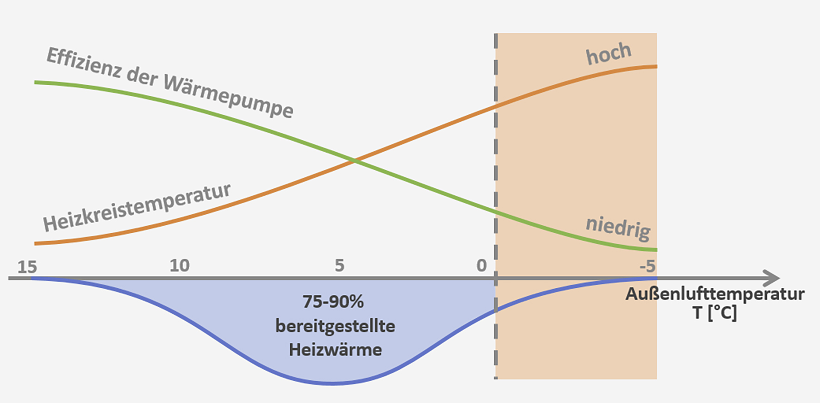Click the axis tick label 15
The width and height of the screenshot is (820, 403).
click(27, 267)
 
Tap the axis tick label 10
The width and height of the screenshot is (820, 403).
click(180, 266)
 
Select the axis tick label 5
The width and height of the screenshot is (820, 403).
click(340, 266)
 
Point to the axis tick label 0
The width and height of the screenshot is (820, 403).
click(482, 266)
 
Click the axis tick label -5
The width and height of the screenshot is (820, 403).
click(648, 266)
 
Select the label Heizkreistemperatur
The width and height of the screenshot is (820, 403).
click(137, 207)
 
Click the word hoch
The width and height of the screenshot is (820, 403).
click(609, 54)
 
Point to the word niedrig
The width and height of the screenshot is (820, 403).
click(618, 228)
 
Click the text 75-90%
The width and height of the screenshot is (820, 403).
click(333, 302)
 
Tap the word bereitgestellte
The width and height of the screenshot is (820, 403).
click(335, 326)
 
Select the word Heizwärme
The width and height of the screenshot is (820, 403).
click(335, 349)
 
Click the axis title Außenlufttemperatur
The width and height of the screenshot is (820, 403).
click(715, 294)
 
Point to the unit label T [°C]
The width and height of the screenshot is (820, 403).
click(714, 313)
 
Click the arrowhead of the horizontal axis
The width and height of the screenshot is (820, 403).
click(772, 278)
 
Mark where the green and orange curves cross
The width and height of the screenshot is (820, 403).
click(354, 161)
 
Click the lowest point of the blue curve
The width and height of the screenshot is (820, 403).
click(332, 383)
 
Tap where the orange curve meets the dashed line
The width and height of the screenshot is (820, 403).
click(496, 106)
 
